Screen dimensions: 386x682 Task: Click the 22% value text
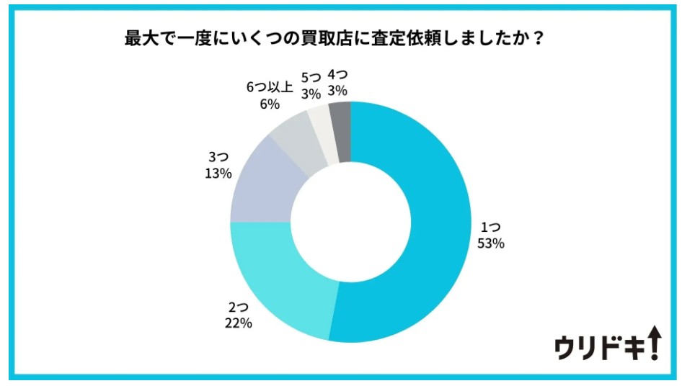pos(237,323)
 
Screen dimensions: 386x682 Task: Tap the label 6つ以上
pos(269,88)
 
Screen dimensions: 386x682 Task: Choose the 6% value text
pos(269,104)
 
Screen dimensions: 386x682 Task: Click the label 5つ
pos(311,76)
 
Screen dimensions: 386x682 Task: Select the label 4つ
pos(337,75)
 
